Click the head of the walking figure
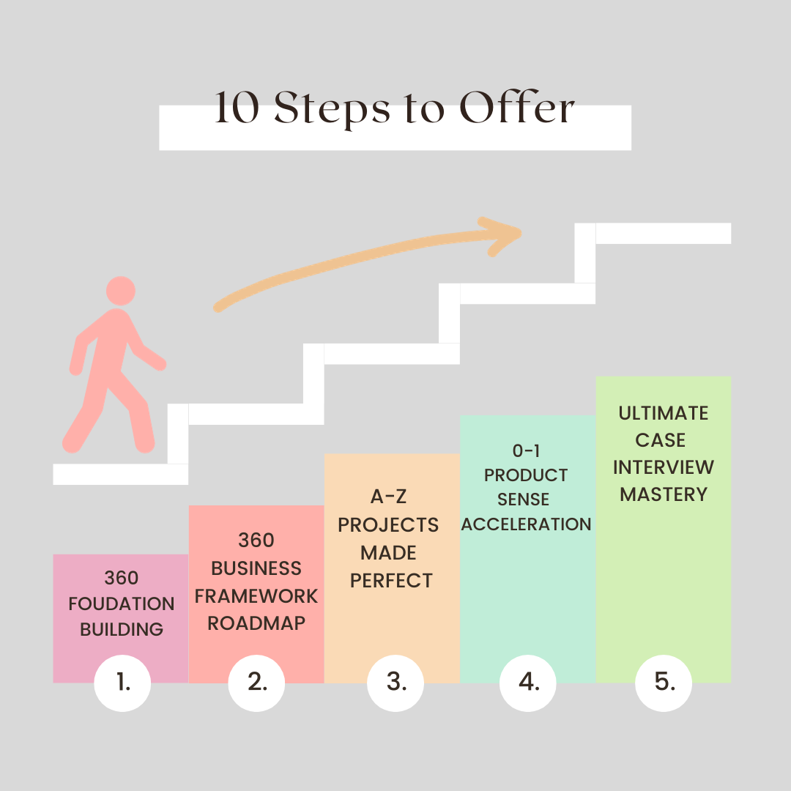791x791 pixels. (x=121, y=291)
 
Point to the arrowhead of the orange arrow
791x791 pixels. (x=505, y=234)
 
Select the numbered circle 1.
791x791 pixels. (x=122, y=683)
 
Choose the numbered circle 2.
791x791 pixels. (x=257, y=683)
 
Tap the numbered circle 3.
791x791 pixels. (x=395, y=683)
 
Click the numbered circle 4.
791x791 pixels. (x=528, y=683)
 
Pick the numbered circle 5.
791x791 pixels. (x=664, y=683)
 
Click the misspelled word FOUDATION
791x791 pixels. (x=122, y=604)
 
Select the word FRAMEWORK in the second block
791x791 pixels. (x=256, y=595)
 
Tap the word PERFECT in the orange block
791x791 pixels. (x=392, y=581)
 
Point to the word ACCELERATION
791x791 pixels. (x=527, y=524)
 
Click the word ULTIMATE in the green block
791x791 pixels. (x=664, y=413)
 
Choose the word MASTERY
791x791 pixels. (x=664, y=494)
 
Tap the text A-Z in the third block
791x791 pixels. (x=388, y=497)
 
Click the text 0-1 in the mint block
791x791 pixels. (x=527, y=451)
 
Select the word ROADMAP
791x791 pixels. (x=256, y=623)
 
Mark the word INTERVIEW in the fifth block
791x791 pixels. (x=664, y=467)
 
